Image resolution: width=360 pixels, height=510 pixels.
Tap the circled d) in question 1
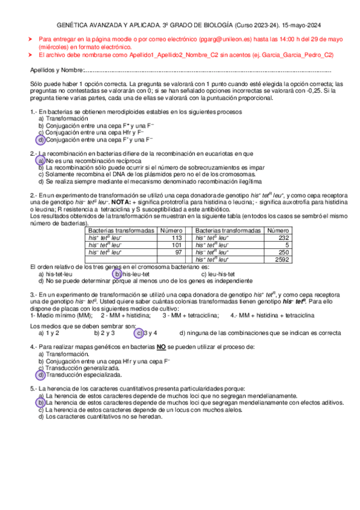(x=40, y=140)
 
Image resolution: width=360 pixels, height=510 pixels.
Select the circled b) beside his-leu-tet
(x=118, y=274)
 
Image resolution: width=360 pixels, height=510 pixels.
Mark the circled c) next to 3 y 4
(x=139, y=332)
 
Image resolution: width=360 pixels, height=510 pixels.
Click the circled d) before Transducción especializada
(x=40, y=375)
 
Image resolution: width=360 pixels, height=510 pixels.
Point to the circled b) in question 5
(x=40, y=403)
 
